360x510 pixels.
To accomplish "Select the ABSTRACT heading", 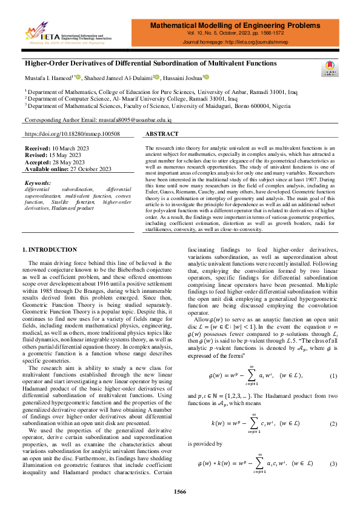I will point(162,133).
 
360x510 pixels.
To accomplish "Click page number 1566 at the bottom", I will point(180,491).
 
